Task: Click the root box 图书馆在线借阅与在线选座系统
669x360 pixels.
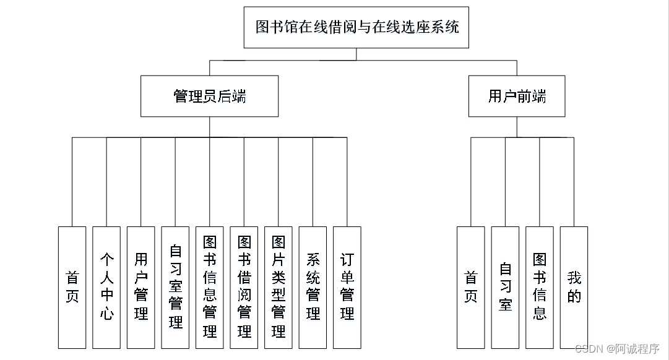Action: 356,27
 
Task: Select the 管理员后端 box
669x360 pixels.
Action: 209,96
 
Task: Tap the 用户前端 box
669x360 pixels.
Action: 516,96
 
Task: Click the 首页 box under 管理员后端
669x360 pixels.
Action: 72,287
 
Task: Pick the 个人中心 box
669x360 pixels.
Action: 106,287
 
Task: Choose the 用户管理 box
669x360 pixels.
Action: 141,287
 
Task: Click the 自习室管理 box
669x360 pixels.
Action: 175,287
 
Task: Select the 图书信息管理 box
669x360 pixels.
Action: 210,287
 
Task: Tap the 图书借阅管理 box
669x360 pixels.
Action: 244,287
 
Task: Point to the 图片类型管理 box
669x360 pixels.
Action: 278,287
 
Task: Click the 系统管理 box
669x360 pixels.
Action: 313,287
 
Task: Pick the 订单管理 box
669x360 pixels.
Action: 347,287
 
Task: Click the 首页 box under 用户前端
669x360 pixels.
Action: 471,287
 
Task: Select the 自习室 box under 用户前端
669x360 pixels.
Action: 505,287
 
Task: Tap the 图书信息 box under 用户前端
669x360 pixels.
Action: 540,287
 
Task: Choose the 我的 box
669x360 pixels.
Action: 574,287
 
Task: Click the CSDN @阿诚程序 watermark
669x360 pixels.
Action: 617,349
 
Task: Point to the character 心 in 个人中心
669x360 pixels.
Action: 106,314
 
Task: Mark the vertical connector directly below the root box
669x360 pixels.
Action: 356,54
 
